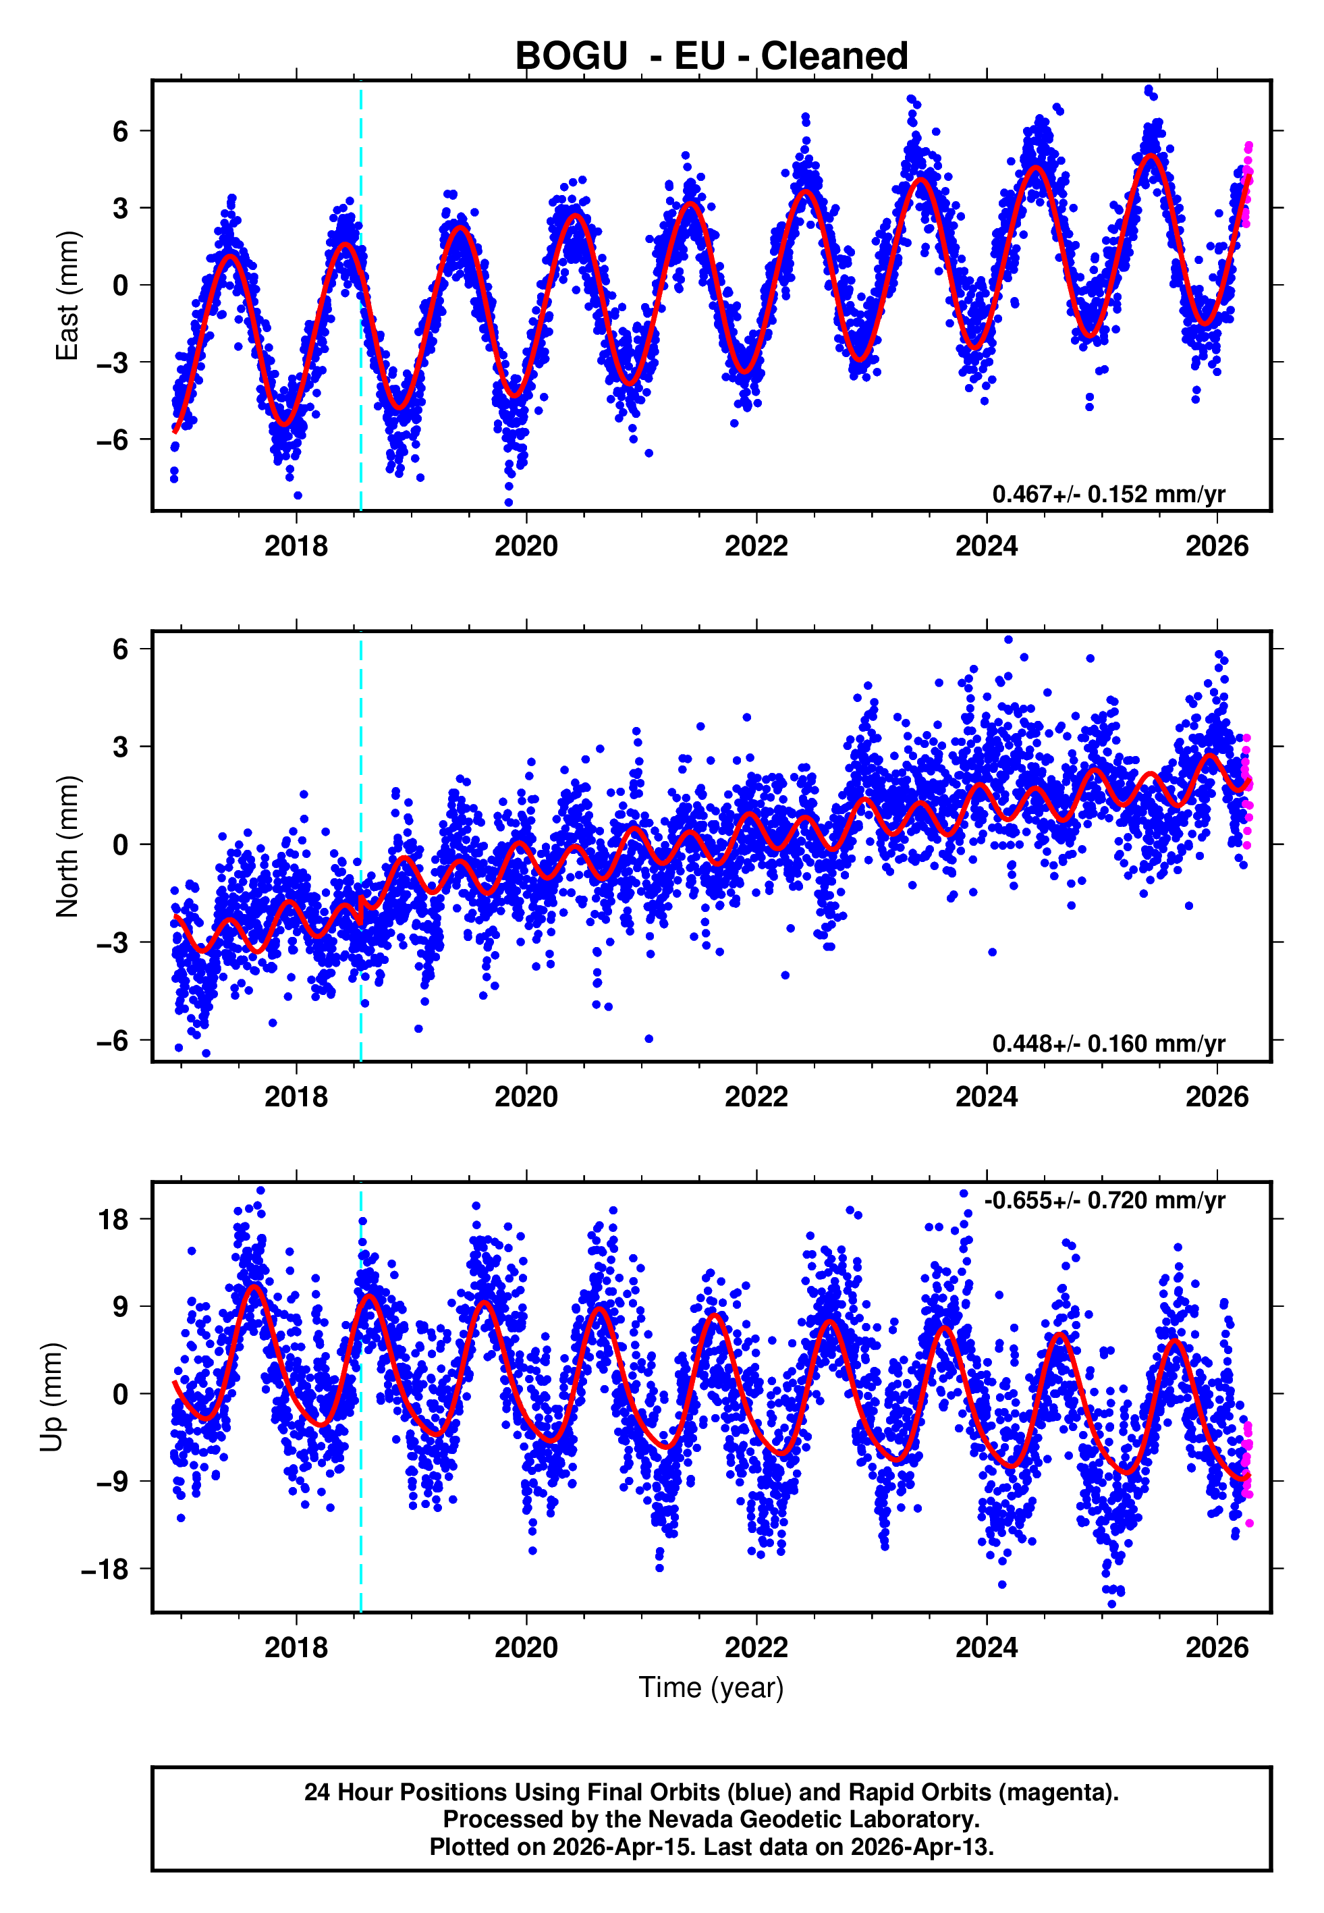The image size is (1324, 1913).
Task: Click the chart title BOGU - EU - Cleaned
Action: [x=711, y=57]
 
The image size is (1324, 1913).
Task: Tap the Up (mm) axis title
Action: [x=51, y=1397]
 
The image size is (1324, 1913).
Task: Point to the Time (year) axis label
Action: [x=711, y=1688]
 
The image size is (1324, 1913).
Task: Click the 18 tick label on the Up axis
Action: [x=113, y=1220]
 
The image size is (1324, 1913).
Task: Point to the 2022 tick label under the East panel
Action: [x=756, y=547]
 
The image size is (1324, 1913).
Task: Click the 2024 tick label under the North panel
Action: [x=987, y=1097]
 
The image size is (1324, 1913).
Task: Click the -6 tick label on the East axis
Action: [x=113, y=439]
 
